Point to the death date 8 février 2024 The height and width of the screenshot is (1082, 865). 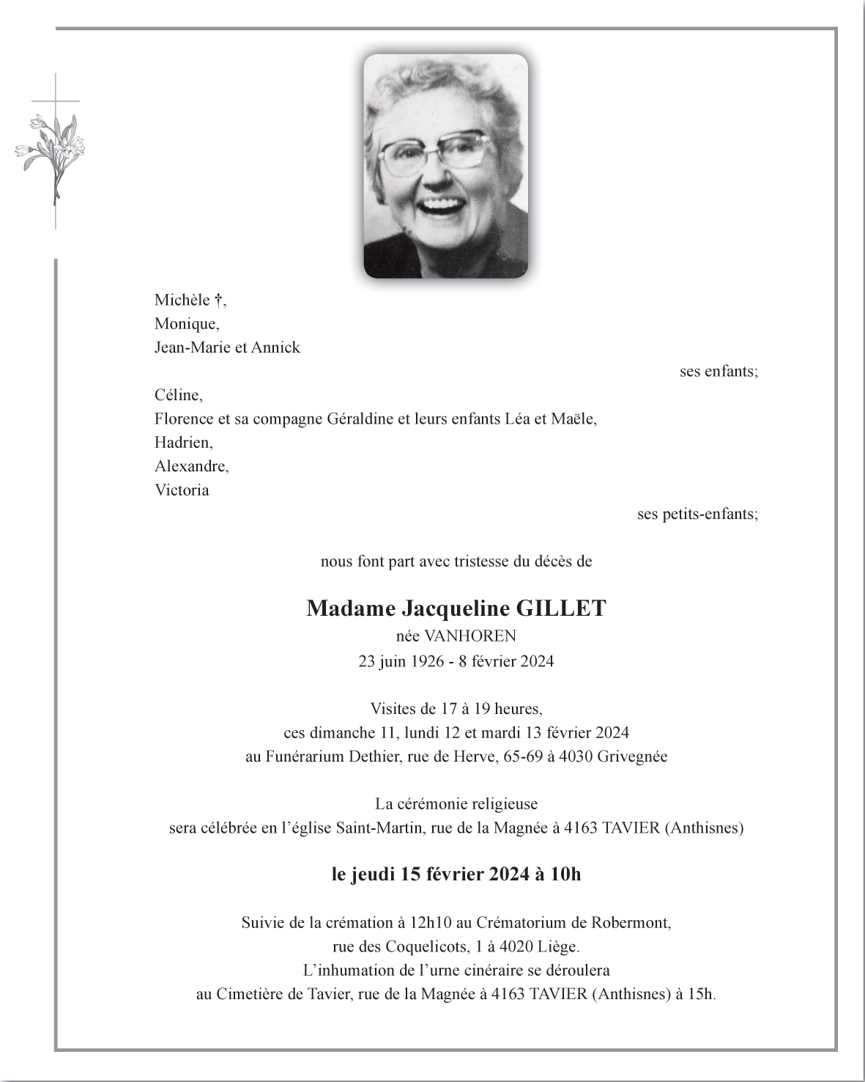(x=506, y=661)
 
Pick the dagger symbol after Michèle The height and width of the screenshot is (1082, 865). (x=218, y=300)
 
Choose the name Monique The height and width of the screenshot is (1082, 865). (x=186, y=323)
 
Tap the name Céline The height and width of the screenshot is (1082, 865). (x=178, y=395)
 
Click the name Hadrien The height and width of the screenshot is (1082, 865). (x=183, y=442)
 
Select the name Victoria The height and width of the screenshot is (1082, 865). (x=182, y=490)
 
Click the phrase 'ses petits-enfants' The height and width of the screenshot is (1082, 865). (x=697, y=514)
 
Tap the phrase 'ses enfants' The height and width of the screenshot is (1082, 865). (x=718, y=371)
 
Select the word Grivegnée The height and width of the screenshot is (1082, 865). (x=632, y=757)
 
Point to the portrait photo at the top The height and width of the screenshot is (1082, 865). (x=445, y=166)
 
